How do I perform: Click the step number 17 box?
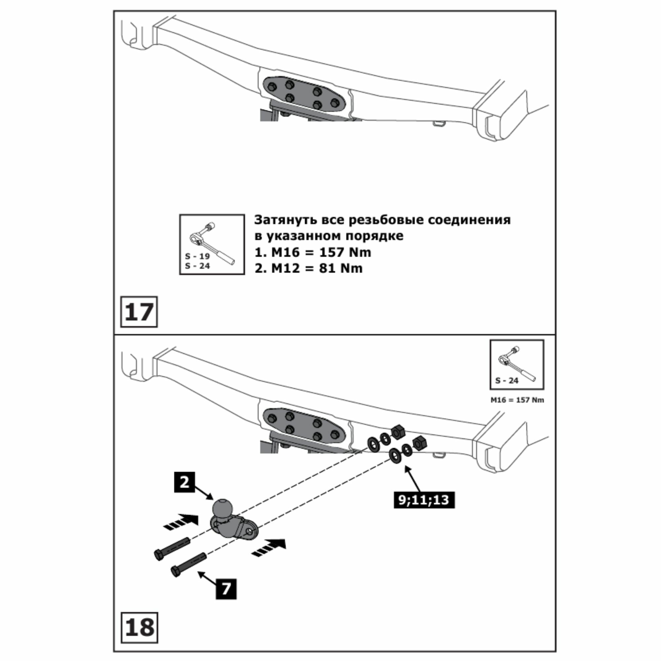tap(139, 312)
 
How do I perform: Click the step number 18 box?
tap(139, 628)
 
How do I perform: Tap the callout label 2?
tap(184, 482)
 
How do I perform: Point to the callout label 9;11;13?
tap(424, 500)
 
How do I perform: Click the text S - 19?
tap(197, 256)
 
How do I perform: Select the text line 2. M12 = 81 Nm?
tap(308, 269)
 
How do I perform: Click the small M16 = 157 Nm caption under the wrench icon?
tap(517, 400)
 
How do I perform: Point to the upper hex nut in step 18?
tap(397, 432)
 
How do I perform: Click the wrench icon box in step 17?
tap(212, 244)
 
